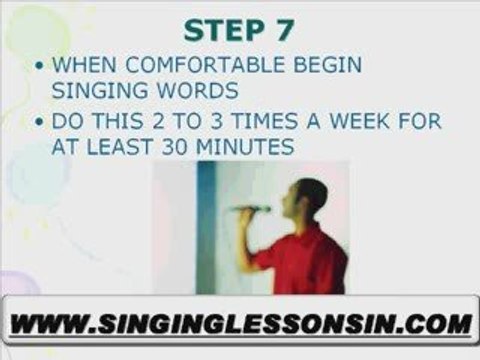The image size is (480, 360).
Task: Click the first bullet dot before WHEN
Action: [x=40, y=67]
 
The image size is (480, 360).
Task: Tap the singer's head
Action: [x=311, y=196]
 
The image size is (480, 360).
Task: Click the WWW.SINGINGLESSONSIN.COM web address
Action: [x=241, y=324]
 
